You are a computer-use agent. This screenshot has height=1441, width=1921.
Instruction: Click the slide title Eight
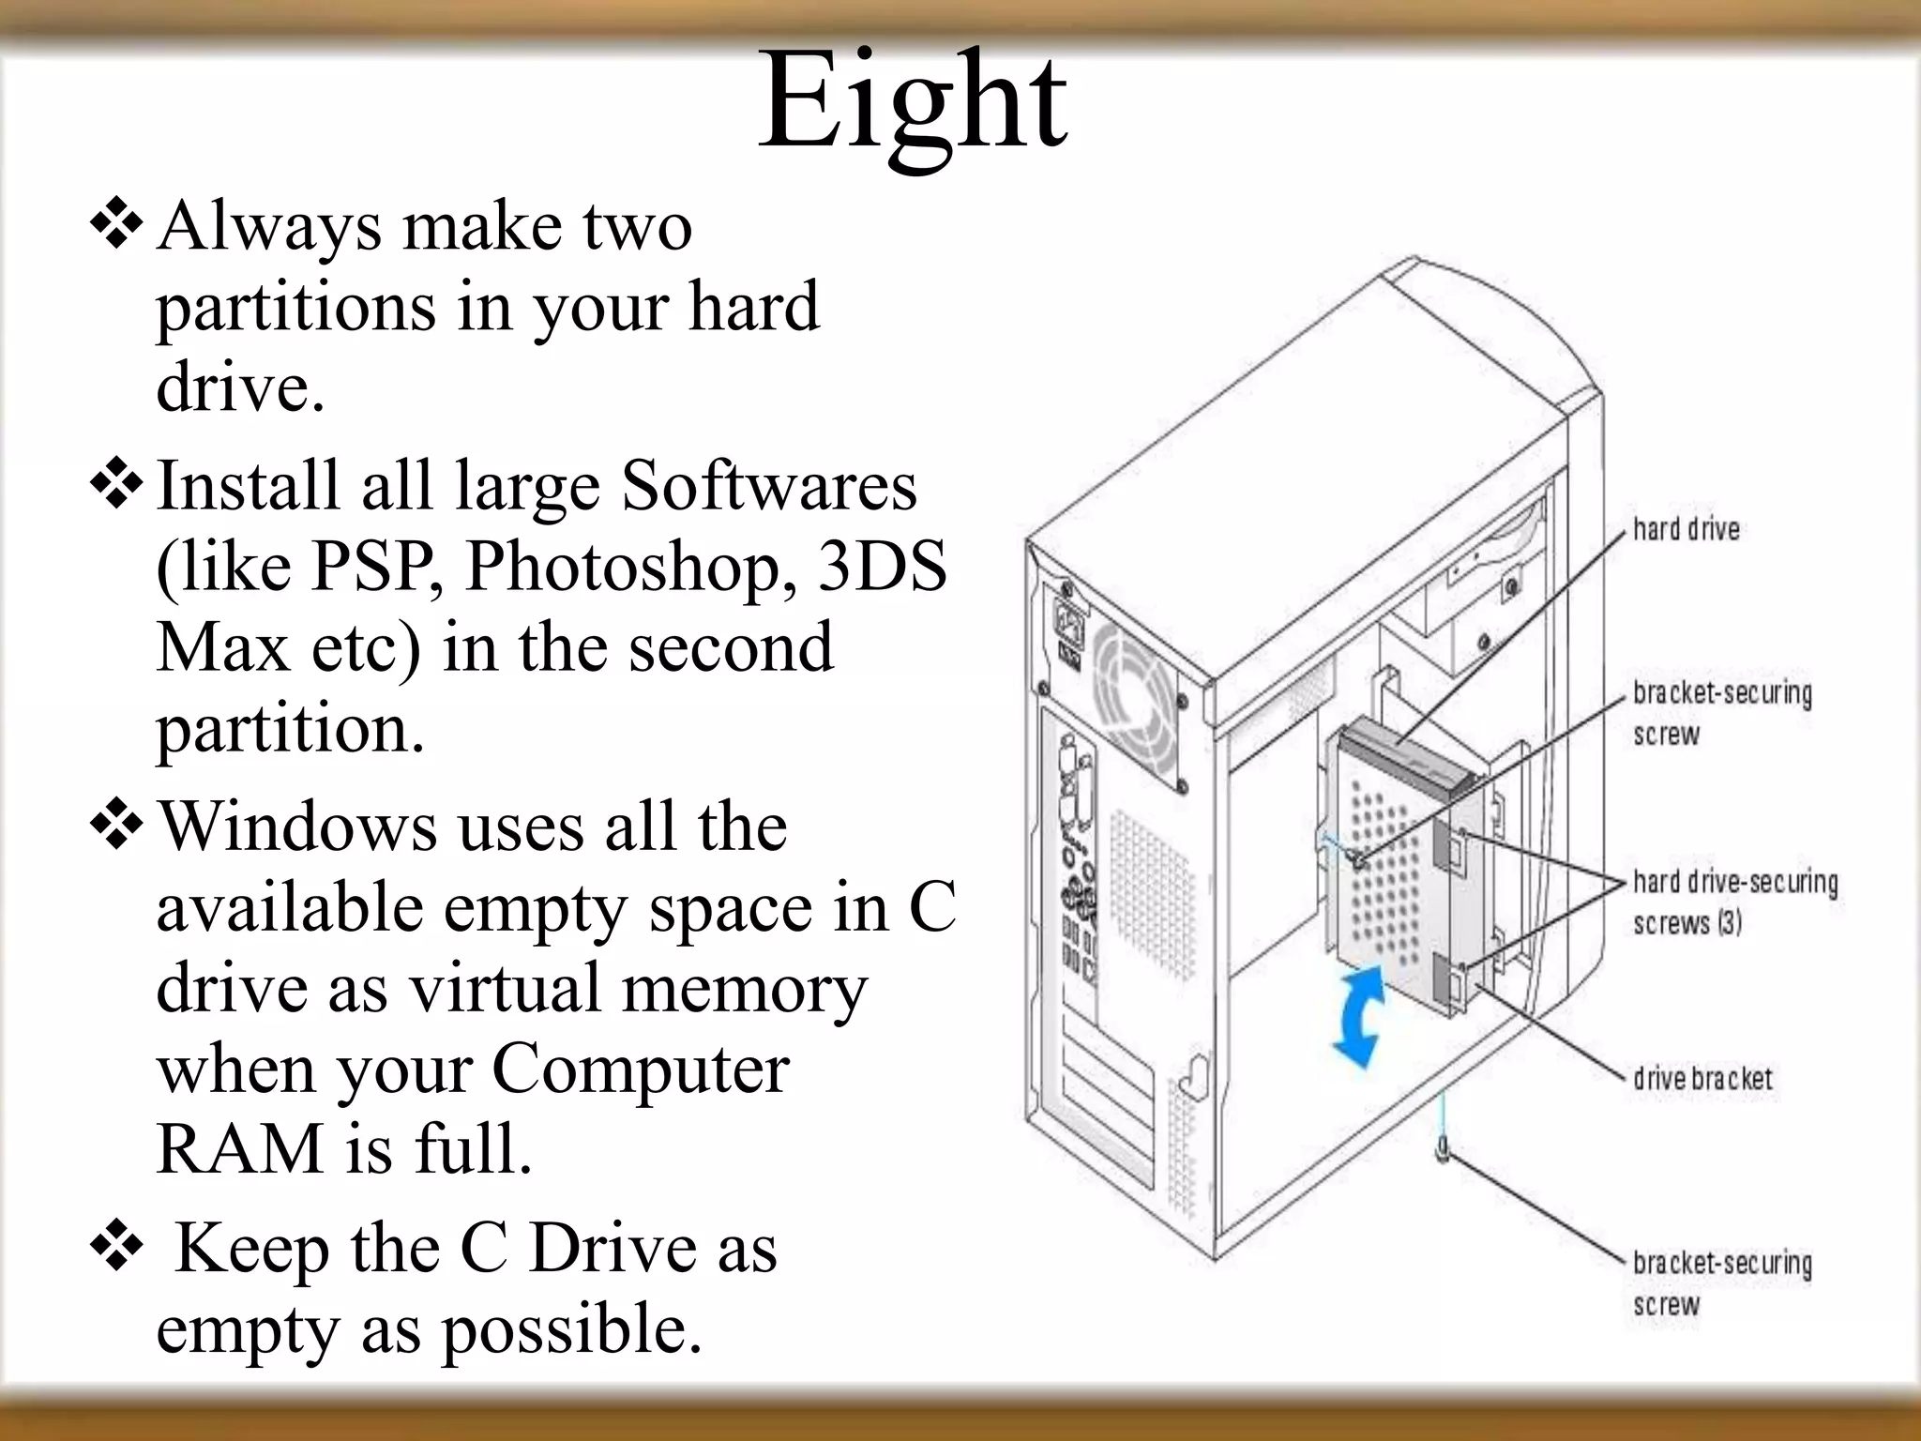912,103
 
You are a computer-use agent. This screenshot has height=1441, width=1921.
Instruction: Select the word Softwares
769,486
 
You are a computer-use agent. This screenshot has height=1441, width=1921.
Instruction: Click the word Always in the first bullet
269,227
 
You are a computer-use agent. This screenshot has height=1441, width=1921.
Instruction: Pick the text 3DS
881,567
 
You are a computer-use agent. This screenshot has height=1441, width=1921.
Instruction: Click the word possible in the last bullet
571,1330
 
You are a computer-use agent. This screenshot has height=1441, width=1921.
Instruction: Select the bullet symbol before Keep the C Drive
115,1247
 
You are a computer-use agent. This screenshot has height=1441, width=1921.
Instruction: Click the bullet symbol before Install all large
115,485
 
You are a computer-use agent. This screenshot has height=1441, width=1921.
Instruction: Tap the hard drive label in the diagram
1686,529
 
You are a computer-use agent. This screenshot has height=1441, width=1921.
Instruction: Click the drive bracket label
1702,1079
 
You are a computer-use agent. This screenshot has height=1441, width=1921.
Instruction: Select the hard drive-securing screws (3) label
1734,902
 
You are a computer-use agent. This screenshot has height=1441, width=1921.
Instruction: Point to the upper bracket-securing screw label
1721,713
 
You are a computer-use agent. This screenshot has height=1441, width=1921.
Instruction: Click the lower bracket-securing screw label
1721,1282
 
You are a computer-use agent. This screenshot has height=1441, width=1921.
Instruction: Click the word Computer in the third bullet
640,1069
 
